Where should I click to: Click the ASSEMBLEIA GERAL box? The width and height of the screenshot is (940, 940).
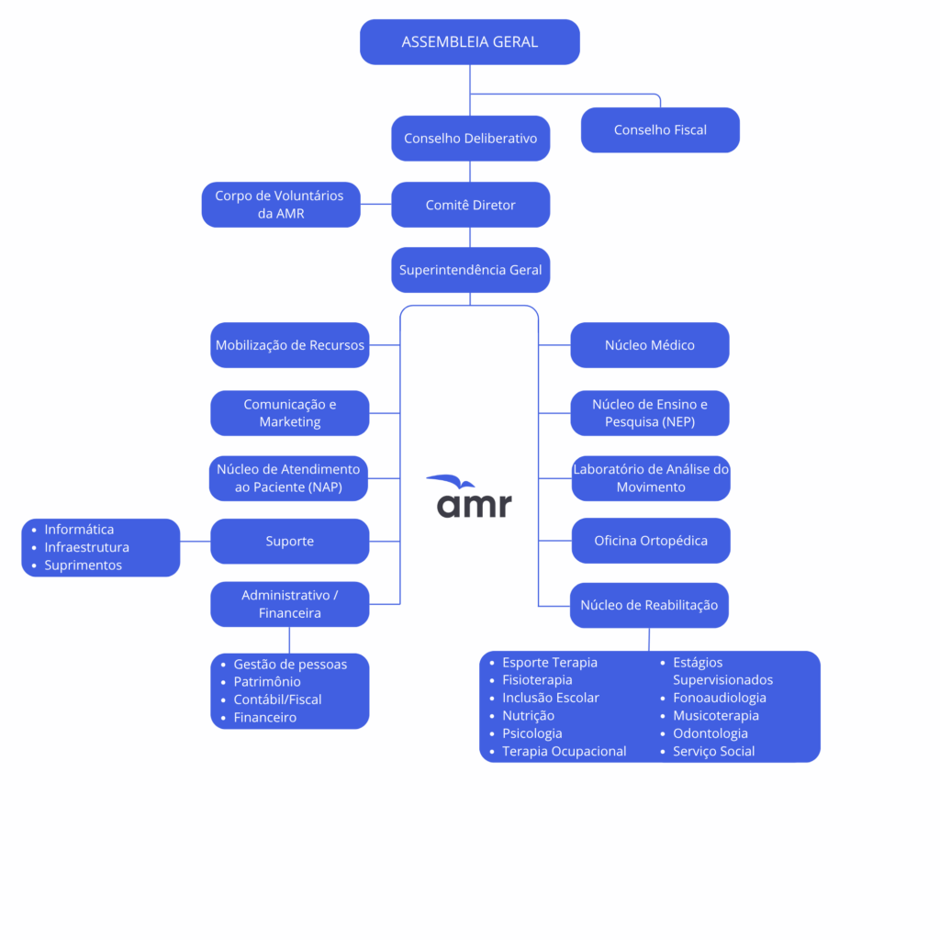click(469, 42)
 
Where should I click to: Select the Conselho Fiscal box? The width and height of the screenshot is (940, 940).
click(660, 130)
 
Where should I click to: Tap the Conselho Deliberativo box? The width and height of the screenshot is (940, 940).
click(470, 139)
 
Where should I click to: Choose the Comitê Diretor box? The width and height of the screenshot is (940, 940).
click(470, 205)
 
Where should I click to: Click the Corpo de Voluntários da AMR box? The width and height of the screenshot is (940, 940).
click(281, 205)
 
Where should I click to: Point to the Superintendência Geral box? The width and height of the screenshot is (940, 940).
click(470, 270)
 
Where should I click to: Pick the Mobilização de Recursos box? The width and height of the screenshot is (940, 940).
click(290, 345)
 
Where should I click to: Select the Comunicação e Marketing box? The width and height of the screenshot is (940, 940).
click(290, 413)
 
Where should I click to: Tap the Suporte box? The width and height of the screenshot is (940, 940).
click(290, 542)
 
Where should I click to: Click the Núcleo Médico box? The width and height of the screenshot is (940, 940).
click(650, 345)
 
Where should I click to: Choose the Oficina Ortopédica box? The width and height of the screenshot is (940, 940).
click(651, 541)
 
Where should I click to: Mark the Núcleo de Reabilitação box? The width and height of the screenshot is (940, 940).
click(649, 606)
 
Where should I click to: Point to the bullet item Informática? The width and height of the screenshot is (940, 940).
click(79, 530)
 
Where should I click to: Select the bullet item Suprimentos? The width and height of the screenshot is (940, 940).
click(83, 565)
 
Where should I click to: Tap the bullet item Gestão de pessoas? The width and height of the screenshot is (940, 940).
click(290, 664)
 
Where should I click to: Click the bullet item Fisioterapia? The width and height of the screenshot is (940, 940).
click(537, 680)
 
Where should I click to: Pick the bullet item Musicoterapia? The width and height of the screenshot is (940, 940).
click(716, 716)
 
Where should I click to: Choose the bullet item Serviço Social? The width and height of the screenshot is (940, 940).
click(714, 752)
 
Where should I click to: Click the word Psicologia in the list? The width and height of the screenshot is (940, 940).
click(532, 733)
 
